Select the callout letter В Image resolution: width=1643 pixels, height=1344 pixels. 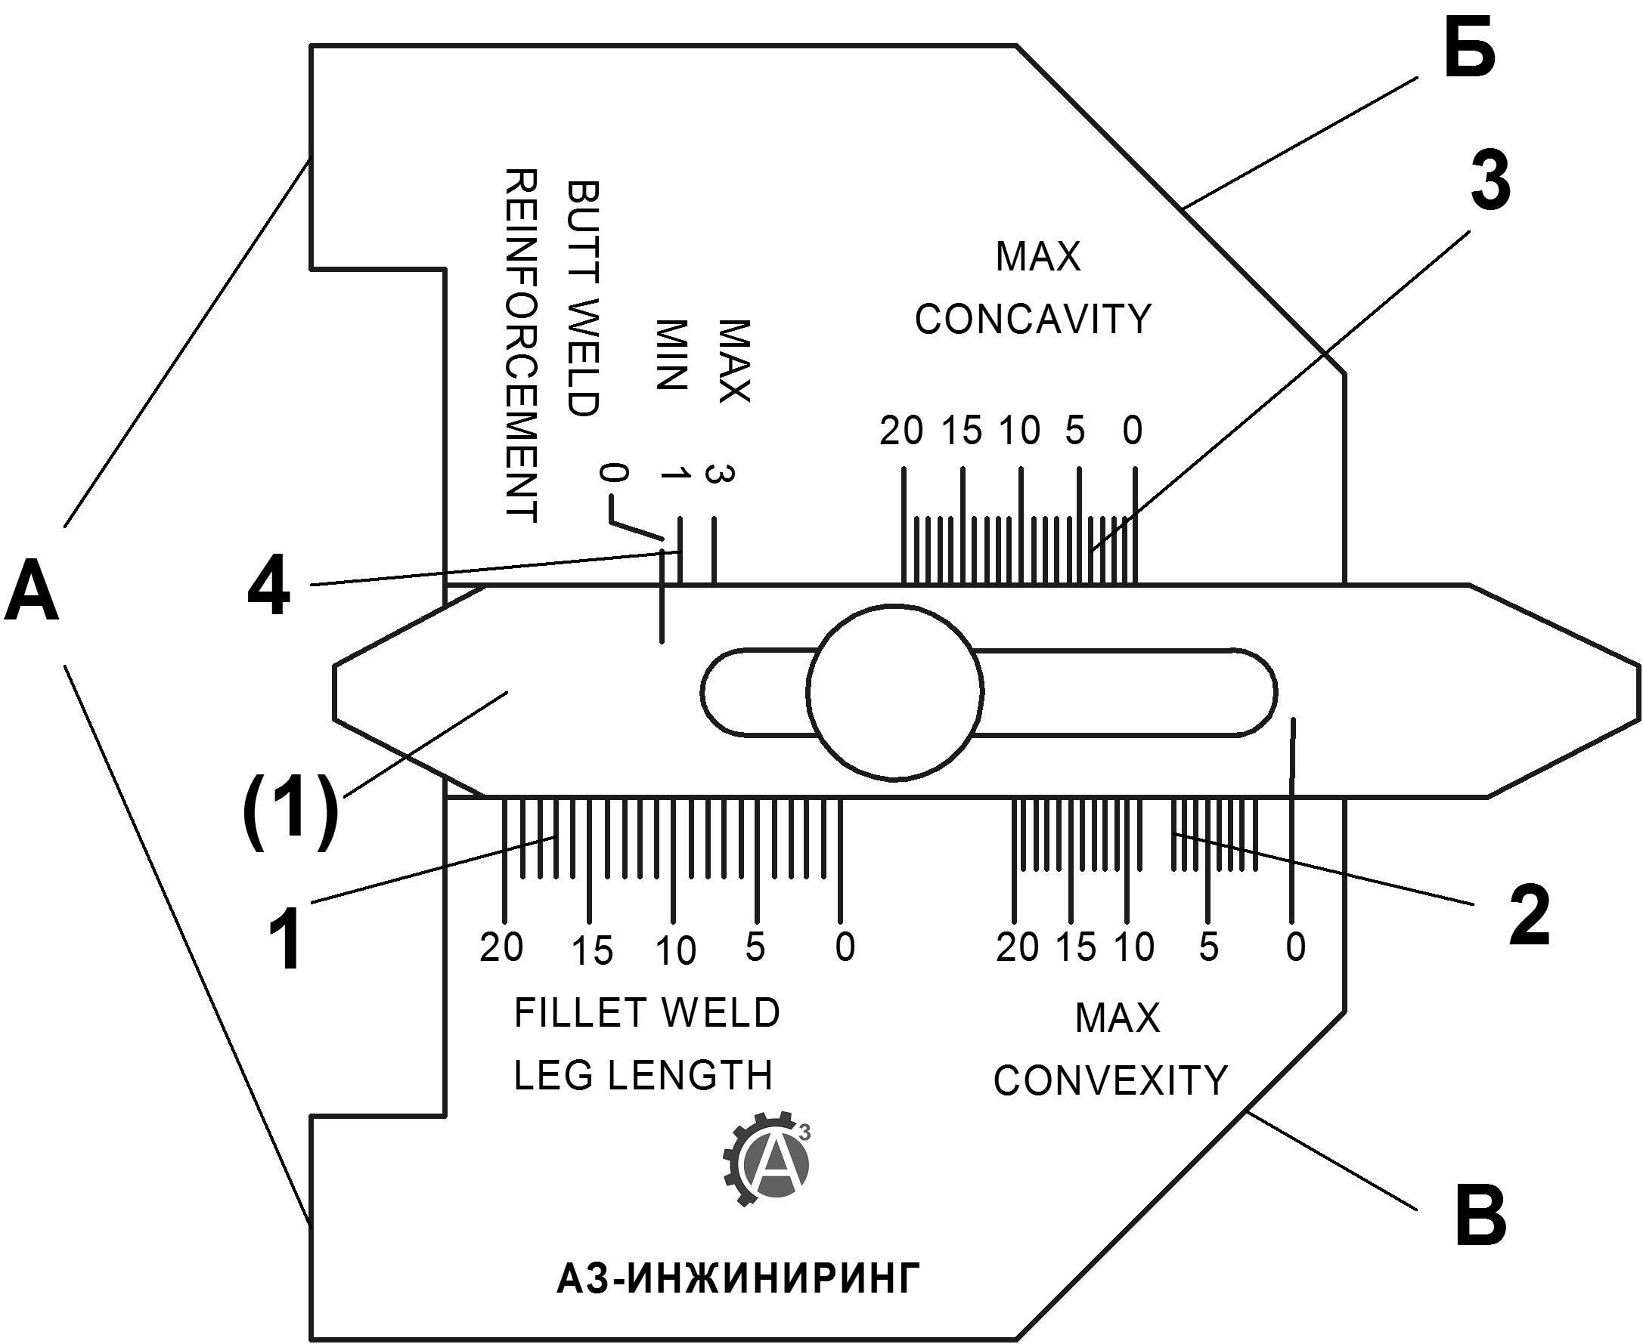[x=1481, y=1216]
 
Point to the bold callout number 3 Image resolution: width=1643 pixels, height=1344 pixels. [x=1490, y=181]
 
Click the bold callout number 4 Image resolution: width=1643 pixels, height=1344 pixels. [x=269, y=587]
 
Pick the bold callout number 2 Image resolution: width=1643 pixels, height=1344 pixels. [x=1530, y=917]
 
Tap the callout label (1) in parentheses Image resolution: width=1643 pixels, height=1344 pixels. [x=290, y=814]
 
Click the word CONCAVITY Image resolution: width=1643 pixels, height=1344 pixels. [x=1034, y=319]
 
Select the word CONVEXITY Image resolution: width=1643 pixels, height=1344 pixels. [x=1111, y=1080]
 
